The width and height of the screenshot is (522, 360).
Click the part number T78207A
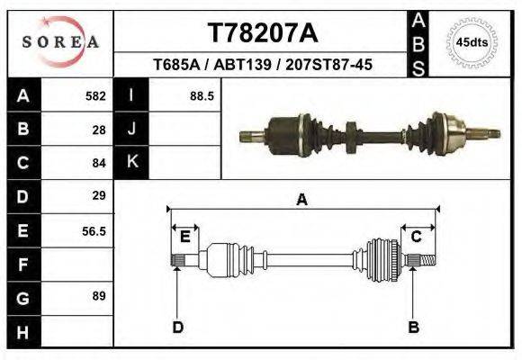click(x=262, y=33)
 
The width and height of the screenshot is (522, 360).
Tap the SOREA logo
click(x=60, y=41)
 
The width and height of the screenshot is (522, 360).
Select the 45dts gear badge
click(x=472, y=41)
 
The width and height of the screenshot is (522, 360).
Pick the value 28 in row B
click(x=99, y=130)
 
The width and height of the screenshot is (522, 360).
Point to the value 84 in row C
click(x=99, y=164)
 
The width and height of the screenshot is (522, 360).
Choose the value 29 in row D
click(x=99, y=195)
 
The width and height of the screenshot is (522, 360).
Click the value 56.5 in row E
click(x=94, y=231)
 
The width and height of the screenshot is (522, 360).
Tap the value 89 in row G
click(x=99, y=296)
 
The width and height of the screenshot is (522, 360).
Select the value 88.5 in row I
click(x=201, y=95)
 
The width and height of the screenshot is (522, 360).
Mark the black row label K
click(x=131, y=163)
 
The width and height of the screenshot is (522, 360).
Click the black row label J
click(x=131, y=130)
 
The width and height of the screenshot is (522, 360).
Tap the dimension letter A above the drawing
click(x=301, y=201)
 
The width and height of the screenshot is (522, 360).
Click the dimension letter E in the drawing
click(x=184, y=238)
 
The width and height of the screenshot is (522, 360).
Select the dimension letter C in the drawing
click(x=417, y=237)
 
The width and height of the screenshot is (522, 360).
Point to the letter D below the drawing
click(x=178, y=327)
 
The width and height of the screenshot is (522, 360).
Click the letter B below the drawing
click(x=414, y=327)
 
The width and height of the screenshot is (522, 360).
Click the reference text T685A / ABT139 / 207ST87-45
click(x=262, y=66)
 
